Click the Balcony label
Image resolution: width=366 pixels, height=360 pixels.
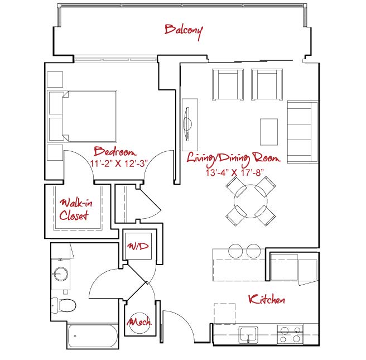184,31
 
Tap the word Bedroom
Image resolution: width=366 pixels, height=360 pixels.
115,151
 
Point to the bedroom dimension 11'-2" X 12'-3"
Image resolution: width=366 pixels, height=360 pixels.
119,164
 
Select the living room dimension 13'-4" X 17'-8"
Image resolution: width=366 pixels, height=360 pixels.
234,173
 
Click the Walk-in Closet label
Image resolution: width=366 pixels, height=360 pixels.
76,209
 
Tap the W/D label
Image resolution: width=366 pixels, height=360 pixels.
138,246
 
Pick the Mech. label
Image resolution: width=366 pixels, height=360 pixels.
139,322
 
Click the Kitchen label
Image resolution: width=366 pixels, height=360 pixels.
267,299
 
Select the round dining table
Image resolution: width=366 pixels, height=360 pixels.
251,201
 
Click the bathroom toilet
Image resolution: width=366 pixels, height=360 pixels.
64,305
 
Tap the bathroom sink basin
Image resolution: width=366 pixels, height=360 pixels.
60,274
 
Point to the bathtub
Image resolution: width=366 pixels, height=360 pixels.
93,336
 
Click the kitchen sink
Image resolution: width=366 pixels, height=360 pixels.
248,335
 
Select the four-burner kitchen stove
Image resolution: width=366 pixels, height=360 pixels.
290,334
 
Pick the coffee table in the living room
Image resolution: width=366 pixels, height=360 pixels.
269,132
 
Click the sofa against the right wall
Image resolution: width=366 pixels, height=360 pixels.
302,132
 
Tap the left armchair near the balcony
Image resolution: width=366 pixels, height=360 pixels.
228,84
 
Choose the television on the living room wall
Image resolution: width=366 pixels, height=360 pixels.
187,124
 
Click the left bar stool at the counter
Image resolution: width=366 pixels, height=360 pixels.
235,251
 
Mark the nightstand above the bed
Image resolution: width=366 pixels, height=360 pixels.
55,79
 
